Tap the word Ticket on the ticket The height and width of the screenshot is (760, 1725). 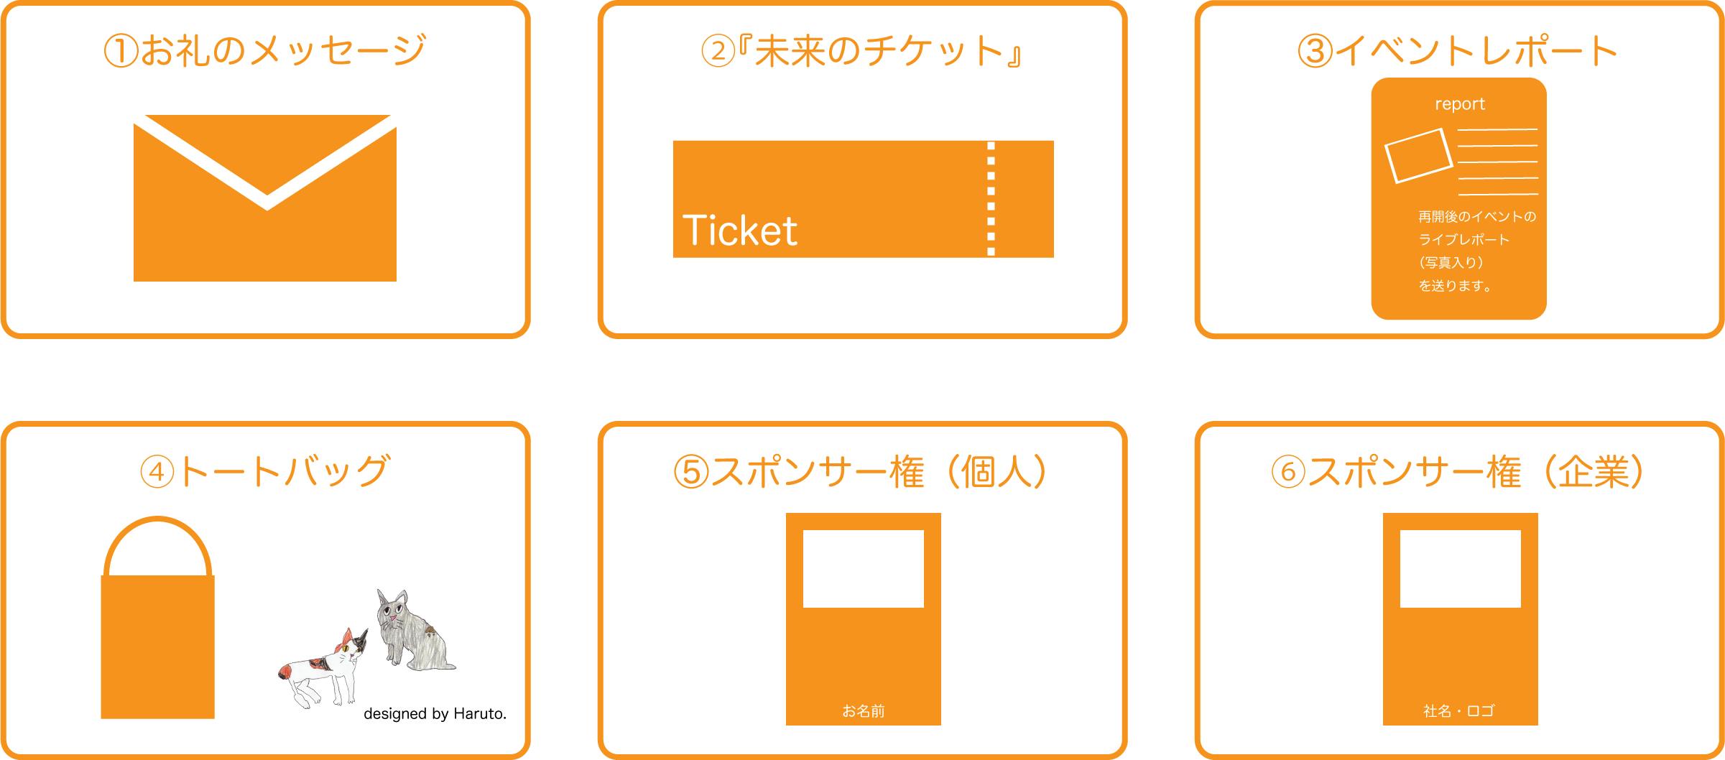pyautogui.click(x=739, y=231)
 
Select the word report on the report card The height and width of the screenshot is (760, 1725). pyautogui.click(x=1459, y=104)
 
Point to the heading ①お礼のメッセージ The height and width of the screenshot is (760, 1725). pyautogui.click(x=265, y=51)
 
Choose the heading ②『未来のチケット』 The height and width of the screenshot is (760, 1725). pyautogui.click(x=862, y=51)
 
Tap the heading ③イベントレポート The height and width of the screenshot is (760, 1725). pyautogui.click(x=1458, y=51)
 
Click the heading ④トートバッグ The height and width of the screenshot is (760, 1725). pyautogui.click(x=265, y=471)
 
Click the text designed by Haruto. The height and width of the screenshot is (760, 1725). pyautogui.click(x=435, y=713)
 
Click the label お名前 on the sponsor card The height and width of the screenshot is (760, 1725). pyautogui.click(x=863, y=711)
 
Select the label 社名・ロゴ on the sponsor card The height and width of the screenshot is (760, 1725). pyautogui.click(x=1459, y=711)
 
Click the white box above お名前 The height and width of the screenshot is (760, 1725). pyautogui.click(x=863, y=569)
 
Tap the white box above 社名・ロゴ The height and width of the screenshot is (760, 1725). pyautogui.click(x=1461, y=569)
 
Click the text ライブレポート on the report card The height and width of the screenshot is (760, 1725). pyautogui.click(x=1463, y=239)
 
